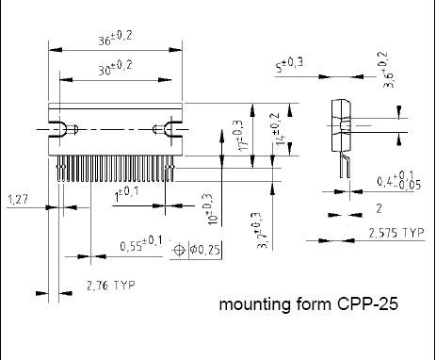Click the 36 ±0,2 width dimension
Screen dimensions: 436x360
115,38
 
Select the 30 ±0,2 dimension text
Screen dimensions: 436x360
115,68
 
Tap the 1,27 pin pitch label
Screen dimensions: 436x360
17,199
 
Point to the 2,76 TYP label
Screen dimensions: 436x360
111,286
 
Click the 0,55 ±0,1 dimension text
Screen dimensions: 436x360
141,244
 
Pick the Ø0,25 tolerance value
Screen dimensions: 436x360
204,250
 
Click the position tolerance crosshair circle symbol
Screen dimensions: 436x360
179,250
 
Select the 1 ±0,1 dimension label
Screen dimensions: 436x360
126,195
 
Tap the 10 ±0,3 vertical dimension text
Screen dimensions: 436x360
211,209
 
